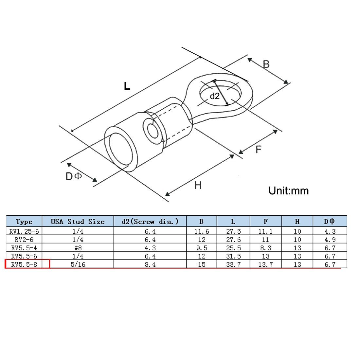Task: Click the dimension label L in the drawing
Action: pos(127,86)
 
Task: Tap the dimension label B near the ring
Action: pos(266,64)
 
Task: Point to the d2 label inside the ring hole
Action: pos(215,96)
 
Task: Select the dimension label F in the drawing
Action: pos(259,150)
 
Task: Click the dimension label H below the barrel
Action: pos(198,185)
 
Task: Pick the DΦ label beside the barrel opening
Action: pos(73,176)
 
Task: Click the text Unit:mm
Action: pos(289,191)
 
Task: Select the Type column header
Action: pos(24,222)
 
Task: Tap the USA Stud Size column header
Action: pos(78,222)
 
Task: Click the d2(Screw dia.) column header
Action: pos(150,222)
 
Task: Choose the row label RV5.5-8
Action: pos(24,264)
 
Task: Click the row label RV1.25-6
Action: pos(24,231)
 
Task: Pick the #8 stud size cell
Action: pos(78,248)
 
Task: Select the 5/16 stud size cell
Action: pos(78,264)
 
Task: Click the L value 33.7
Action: pos(233,264)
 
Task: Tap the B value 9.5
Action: pos(202,248)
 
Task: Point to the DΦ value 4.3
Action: pos(330,231)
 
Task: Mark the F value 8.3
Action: pos(266,248)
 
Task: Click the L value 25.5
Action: pos(233,248)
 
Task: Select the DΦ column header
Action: pos(329,221)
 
